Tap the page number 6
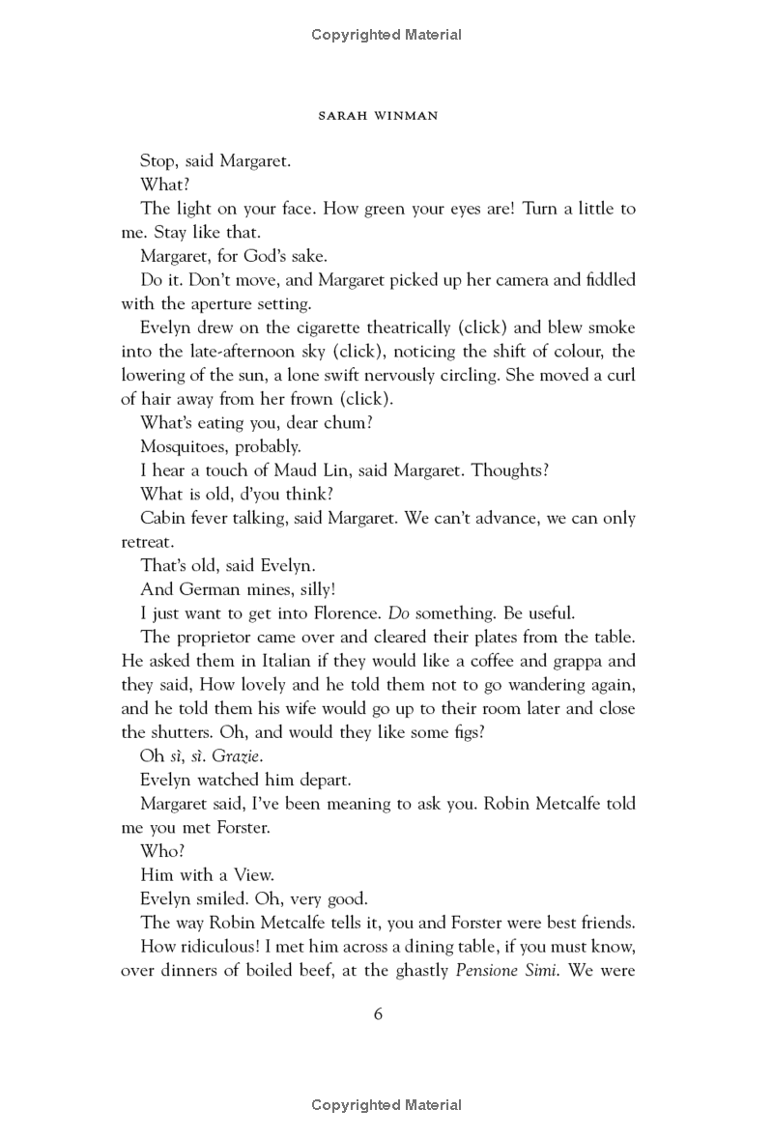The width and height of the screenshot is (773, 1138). [379, 1013]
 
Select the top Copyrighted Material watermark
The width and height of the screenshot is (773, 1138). [386, 35]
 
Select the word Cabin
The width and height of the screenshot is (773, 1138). [162, 518]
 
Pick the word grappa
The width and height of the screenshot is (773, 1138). [574, 660]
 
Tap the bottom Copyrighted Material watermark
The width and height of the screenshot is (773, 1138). [386, 1105]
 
